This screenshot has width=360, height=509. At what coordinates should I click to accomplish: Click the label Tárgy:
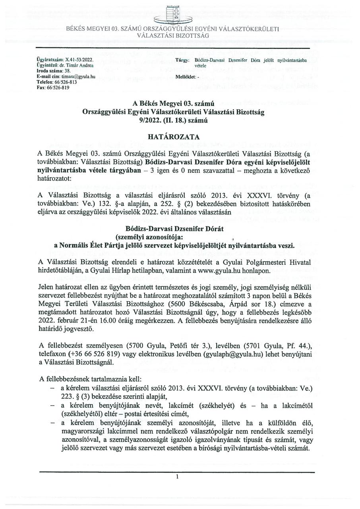click(181, 60)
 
